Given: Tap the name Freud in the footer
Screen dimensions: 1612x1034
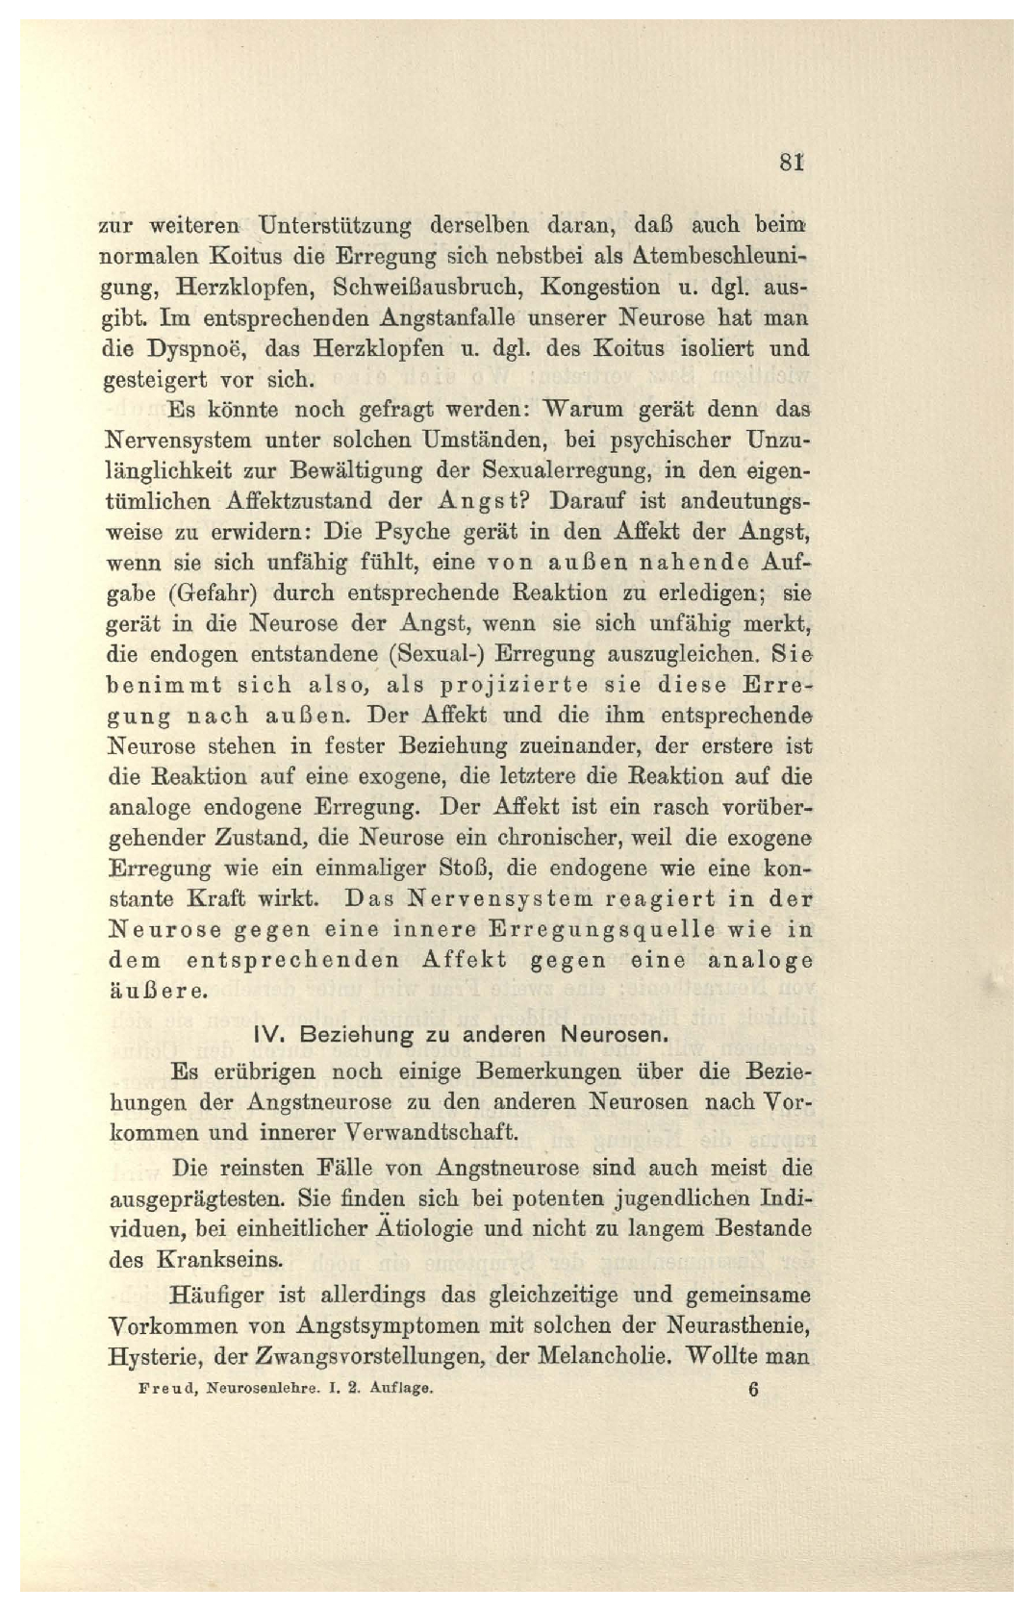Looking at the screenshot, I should pyautogui.click(x=168, y=1389).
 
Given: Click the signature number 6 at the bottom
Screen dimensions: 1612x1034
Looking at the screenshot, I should pyautogui.click(x=753, y=1390).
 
